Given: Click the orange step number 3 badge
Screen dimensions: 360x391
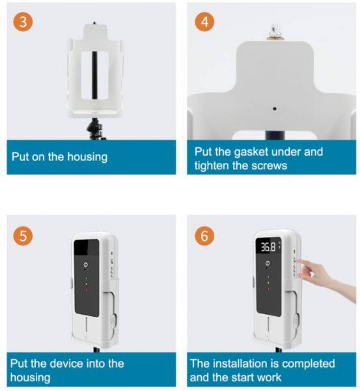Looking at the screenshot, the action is pyautogui.click(x=23, y=22).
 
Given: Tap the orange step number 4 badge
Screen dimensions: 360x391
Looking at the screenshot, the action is pyautogui.click(x=204, y=22).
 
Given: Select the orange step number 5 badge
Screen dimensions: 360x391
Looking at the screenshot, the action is pyautogui.click(x=23, y=236).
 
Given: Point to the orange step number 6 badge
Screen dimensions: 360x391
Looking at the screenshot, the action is pyautogui.click(x=204, y=236).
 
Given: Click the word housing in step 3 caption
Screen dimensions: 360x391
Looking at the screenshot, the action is pyautogui.click(x=87, y=157).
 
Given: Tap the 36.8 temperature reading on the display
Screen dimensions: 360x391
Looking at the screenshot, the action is pyautogui.click(x=268, y=247).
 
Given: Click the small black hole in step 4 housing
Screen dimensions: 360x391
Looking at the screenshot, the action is pyautogui.click(x=274, y=108).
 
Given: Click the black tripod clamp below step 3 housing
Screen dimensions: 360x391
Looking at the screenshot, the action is pyautogui.click(x=96, y=129).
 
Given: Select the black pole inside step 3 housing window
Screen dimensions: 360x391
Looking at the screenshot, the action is pyautogui.click(x=94, y=75).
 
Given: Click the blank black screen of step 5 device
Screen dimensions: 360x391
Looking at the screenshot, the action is pyautogui.click(x=86, y=247).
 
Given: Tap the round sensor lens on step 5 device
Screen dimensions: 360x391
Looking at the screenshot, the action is pyautogui.click(x=86, y=265).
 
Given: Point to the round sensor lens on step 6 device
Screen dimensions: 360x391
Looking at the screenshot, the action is pyautogui.click(x=268, y=263).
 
